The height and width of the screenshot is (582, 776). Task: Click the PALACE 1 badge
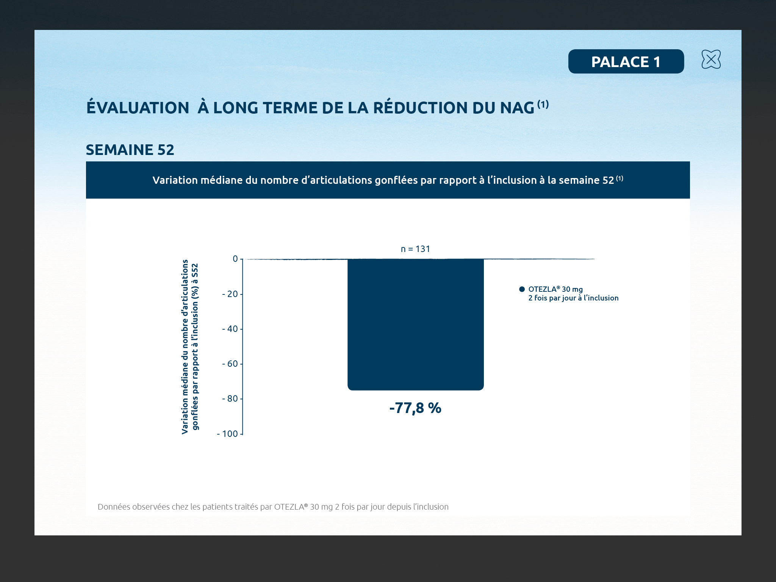click(x=626, y=61)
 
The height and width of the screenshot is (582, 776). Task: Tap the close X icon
click(x=711, y=59)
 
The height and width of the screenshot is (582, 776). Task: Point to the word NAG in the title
click(x=517, y=108)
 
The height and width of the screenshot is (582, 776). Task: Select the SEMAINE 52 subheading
click(x=130, y=150)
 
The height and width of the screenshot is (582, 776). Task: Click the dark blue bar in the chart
click(x=416, y=324)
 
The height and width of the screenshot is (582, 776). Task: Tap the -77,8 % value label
click(x=415, y=408)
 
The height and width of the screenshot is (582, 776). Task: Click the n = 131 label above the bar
click(x=416, y=249)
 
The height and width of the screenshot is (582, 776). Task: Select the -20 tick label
click(x=230, y=294)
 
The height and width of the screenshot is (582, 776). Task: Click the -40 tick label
click(x=230, y=329)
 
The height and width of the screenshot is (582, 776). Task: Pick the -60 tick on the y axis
click(x=230, y=364)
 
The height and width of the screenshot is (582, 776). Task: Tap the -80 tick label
click(x=230, y=399)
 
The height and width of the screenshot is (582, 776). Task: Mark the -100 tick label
click(x=227, y=434)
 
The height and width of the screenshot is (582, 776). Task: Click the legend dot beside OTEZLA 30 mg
click(x=522, y=289)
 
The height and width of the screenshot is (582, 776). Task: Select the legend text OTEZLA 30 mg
click(x=555, y=289)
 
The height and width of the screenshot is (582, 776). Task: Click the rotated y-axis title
click(x=190, y=346)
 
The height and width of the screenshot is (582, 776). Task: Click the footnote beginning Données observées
click(x=273, y=507)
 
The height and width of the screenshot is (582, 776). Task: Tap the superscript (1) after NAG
click(x=543, y=104)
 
